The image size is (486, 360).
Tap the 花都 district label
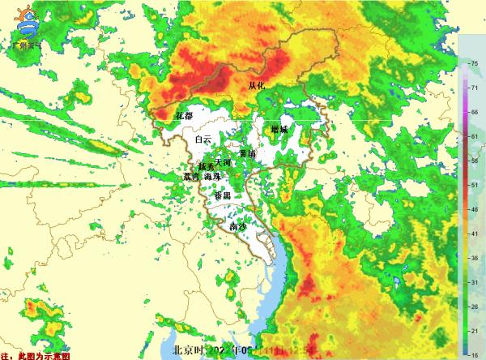(x=184, y=116)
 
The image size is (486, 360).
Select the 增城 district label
(x=279, y=128)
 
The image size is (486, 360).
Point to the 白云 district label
(x=202, y=140)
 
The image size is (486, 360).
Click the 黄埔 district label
(x=248, y=152)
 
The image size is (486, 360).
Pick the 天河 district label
(x=223, y=163)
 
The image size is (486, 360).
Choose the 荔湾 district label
(x=191, y=176)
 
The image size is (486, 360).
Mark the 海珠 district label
(x=212, y=176)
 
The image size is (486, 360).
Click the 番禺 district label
(x=222, y=196)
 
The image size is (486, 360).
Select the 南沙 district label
(x=238, y=227)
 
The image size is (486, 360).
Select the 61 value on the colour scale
(x=473, y=137)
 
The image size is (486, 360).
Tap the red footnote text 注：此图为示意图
(x=36, y=355)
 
